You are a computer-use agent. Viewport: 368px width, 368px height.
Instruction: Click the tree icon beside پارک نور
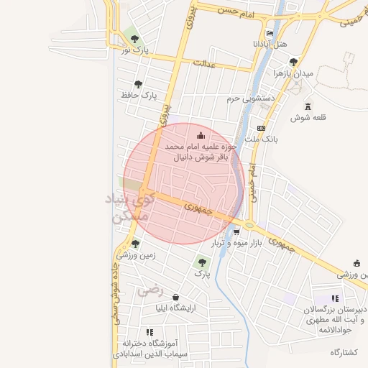click(134, 39)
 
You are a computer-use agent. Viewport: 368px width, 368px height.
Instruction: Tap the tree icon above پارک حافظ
click(149, 83)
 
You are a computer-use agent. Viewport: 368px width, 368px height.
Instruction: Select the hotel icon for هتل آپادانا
click(270, 33)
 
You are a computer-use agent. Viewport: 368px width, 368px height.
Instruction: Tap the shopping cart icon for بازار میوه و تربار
click(236, 232)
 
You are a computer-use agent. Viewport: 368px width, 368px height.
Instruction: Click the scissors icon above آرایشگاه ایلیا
click(176, 297)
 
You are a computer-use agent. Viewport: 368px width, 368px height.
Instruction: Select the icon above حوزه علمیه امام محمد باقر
click(200, 134)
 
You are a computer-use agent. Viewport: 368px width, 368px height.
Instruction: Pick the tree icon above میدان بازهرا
click(293, 62)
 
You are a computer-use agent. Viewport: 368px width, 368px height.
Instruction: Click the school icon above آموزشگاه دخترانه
click(149, 332)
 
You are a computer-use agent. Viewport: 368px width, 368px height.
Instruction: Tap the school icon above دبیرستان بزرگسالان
click(335, 298)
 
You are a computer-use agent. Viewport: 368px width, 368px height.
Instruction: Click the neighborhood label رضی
click(152, 290)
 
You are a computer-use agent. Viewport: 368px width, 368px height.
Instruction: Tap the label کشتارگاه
click(344, 352)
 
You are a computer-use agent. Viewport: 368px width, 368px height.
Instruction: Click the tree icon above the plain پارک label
click(201, 262)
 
